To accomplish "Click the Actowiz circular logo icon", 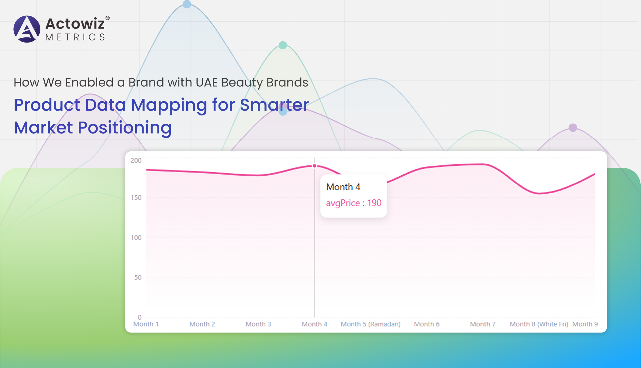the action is point(27,29).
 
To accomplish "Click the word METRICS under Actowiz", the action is point(75,37).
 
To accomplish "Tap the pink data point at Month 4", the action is point(315,166).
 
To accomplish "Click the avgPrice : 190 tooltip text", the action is point(353,203).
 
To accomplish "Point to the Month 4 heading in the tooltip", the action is point(343,187).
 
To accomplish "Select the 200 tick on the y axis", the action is point(136,160).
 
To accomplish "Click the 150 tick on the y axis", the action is point(136,198).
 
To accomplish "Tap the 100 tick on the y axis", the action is point(136,238).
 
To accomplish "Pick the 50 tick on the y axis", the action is point(138,277).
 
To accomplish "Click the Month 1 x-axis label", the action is point(146,324).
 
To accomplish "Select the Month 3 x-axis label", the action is point(258,324).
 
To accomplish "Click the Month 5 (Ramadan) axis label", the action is point(370,324).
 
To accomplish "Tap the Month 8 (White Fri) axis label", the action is point(539,324).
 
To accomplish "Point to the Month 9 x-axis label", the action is point(585,324).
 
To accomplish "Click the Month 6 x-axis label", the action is point(427,324).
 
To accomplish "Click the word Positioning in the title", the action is point(125,128).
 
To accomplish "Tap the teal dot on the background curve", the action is point(283,45).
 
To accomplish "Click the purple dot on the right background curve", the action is point(573,128).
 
